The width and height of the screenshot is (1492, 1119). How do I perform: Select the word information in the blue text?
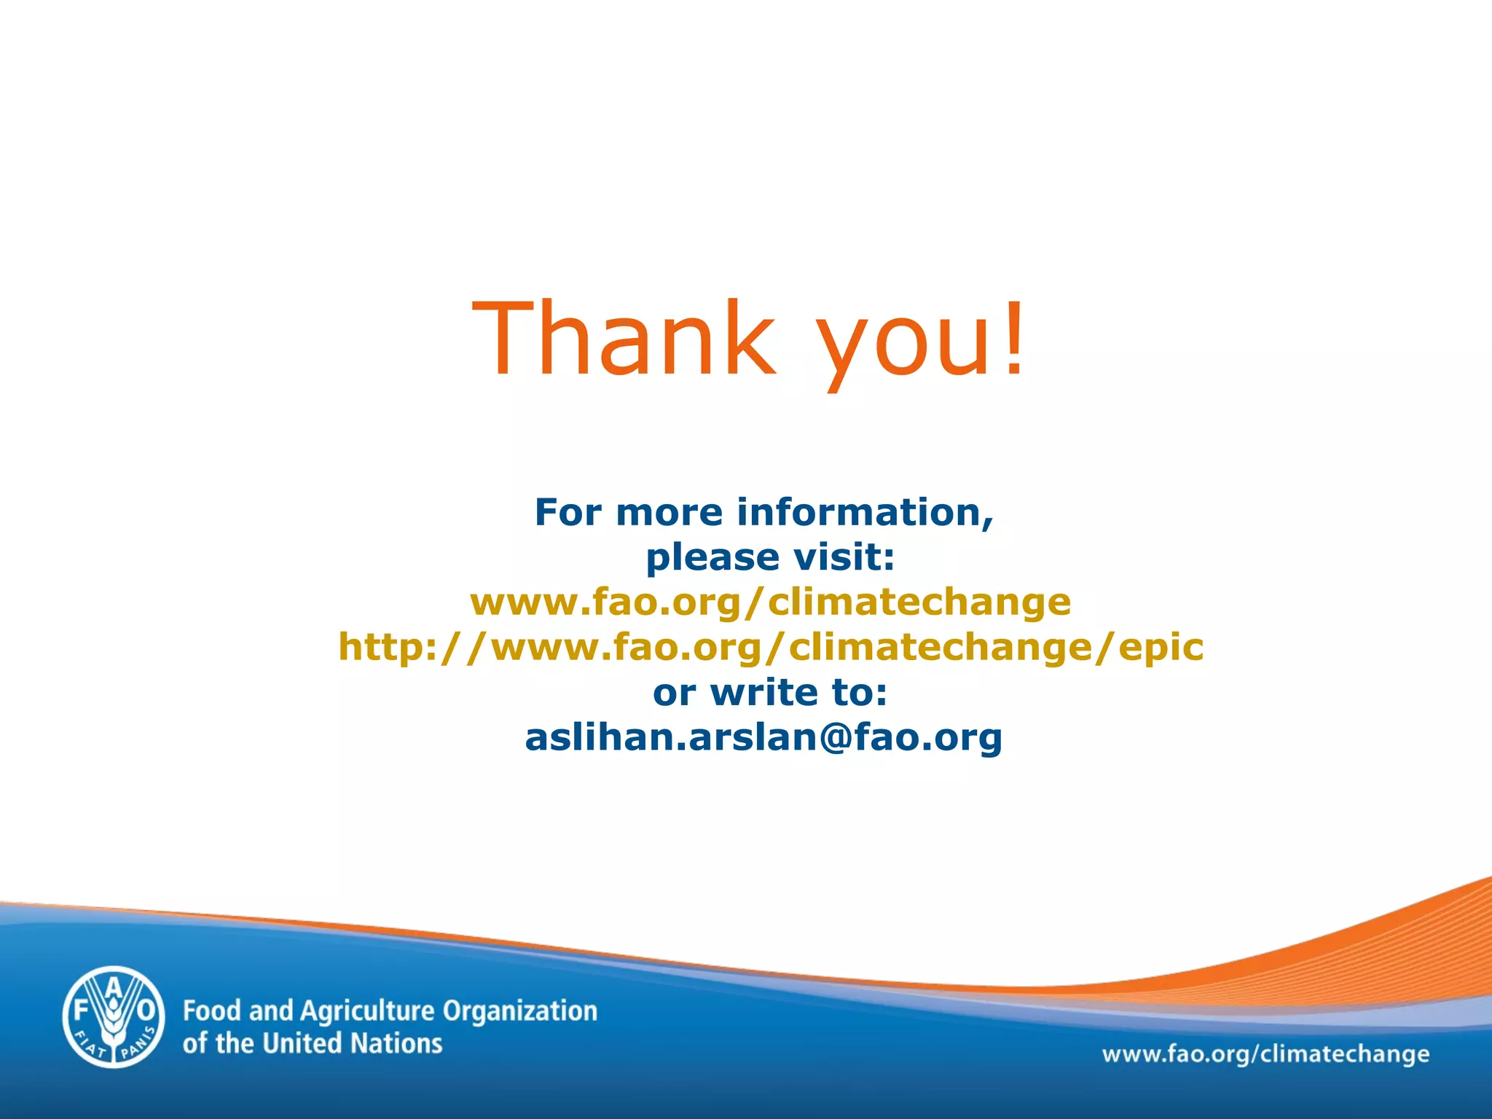click(x=865, y=512)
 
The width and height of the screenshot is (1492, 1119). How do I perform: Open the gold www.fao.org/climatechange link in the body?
click(x=770, y=602)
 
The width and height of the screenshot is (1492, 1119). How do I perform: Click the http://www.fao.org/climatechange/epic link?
click(x=770, y=647)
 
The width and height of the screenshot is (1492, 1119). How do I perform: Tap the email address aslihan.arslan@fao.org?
click(x=763, y=737)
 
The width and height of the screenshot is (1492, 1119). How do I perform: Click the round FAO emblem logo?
click(x=114, y=1017)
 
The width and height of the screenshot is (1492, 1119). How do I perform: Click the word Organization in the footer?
click(x=519, y=1012)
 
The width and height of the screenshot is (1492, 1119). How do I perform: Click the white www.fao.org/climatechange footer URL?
click(x=1265, y=1054)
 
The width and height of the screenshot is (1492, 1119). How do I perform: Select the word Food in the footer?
click(x=211, y=1011)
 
